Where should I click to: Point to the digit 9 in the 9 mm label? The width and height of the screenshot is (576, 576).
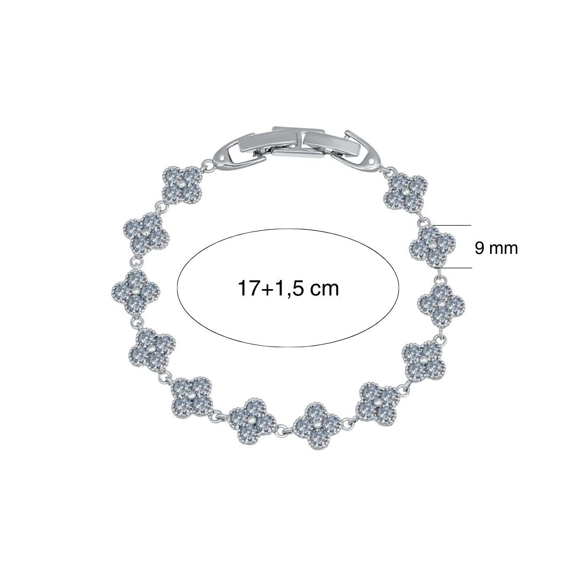point(480,248)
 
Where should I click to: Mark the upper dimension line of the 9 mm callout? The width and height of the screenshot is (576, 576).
point(452,225)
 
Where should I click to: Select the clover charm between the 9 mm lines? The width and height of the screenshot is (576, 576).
point(432,246)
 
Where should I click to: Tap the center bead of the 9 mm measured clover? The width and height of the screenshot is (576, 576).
point(431,245)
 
